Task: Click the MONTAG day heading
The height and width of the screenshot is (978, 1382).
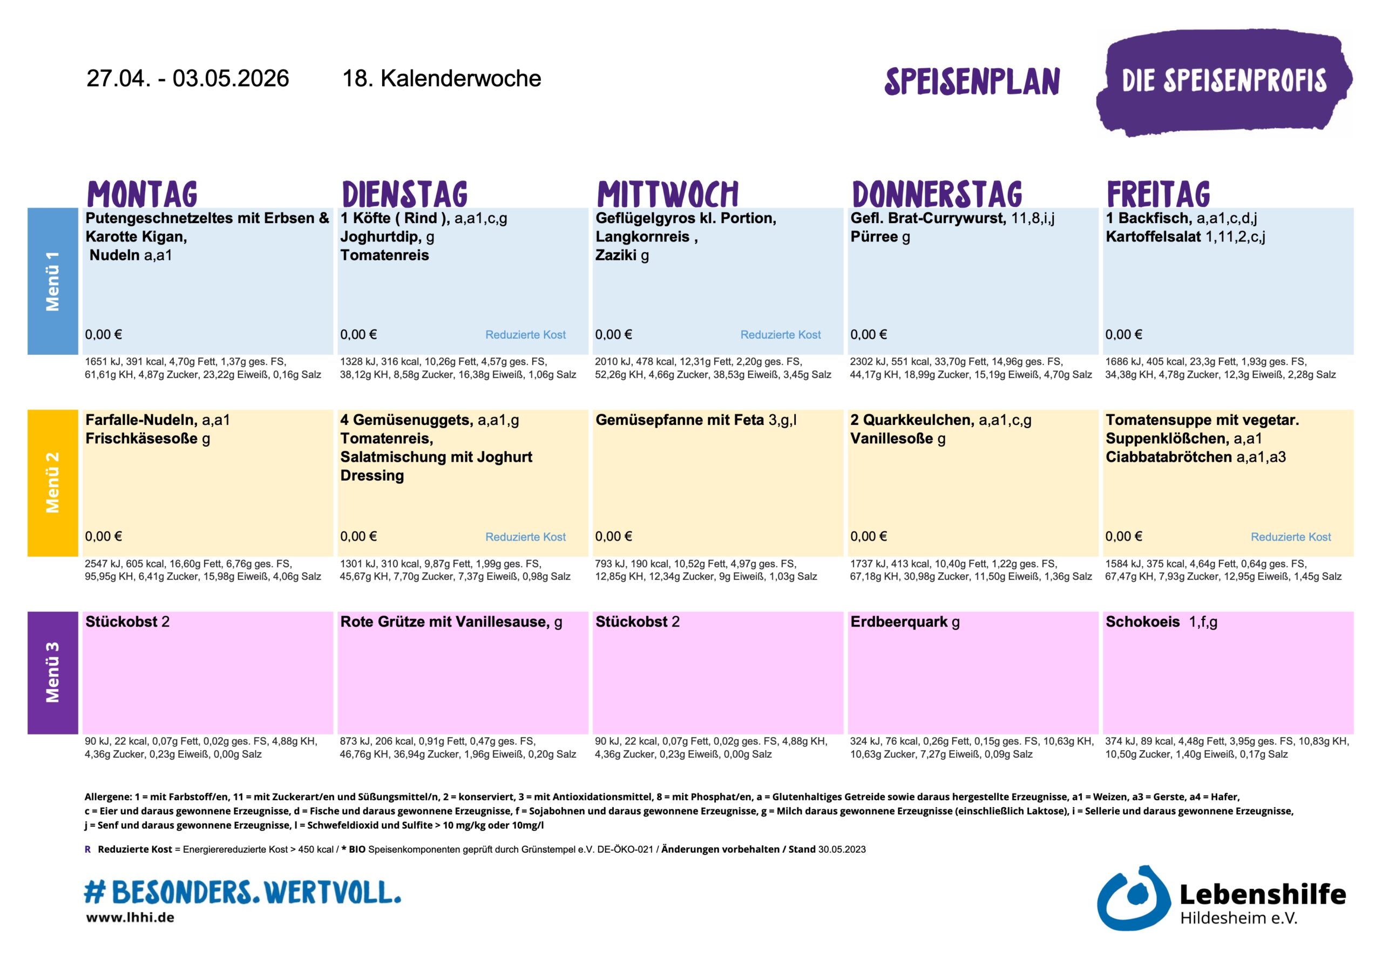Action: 142,194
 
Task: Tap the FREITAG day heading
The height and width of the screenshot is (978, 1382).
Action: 1158,194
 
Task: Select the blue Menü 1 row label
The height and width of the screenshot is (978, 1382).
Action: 53,281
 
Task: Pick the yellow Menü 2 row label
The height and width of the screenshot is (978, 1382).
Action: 53,482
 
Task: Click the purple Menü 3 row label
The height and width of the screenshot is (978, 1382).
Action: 53,672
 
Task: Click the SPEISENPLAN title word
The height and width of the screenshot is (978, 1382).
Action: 972,82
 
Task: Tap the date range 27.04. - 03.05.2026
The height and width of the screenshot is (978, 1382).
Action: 188,79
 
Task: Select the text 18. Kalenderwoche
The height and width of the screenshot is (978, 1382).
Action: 441,79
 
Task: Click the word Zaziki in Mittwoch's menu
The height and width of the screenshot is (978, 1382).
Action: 616,255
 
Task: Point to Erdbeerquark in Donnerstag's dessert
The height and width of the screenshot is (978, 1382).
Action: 899,622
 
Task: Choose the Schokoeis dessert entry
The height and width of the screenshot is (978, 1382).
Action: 1142,622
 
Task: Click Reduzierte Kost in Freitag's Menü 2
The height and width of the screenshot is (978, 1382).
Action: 1291,537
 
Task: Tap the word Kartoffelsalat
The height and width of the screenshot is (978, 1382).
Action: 1153,237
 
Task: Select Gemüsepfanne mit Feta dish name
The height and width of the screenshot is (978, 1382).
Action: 680,420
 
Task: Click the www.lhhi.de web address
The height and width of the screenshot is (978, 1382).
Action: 130,918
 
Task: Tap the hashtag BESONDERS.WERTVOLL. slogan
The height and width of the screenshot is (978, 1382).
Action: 242,892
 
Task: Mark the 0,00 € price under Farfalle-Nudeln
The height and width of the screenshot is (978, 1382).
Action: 104,537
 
